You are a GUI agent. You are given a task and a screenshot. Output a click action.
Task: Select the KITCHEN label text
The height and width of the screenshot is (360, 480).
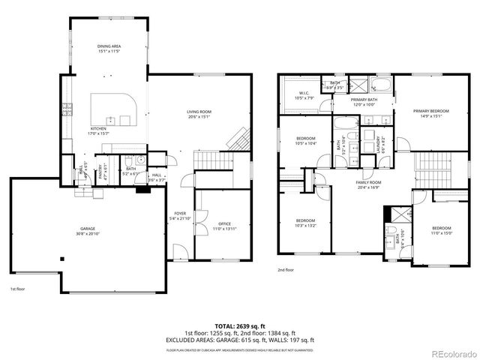click(x=98, y=129)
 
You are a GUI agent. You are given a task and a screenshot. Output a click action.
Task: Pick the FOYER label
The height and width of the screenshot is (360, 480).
click(x=181, y=214)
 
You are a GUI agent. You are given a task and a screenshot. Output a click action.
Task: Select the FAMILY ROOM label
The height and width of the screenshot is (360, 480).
click(x=368, y=182)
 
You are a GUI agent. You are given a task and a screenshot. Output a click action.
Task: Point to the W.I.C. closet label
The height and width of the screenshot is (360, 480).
click(x=304, y=94)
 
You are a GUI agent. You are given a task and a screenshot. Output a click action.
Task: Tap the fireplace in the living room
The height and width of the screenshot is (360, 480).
click(x=238, y=139)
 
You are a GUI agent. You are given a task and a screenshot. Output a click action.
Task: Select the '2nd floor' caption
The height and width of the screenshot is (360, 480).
click(x=286, y=269)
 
